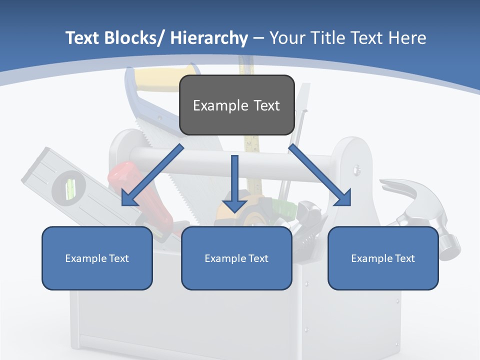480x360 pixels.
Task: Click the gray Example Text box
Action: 236,105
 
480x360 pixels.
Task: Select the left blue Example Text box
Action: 97,258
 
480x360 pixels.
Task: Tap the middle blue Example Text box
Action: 236,258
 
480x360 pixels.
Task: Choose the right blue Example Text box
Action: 383,258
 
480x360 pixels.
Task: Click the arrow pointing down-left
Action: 150,177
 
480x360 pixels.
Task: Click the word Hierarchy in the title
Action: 209,38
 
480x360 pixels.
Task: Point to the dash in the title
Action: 258,38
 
